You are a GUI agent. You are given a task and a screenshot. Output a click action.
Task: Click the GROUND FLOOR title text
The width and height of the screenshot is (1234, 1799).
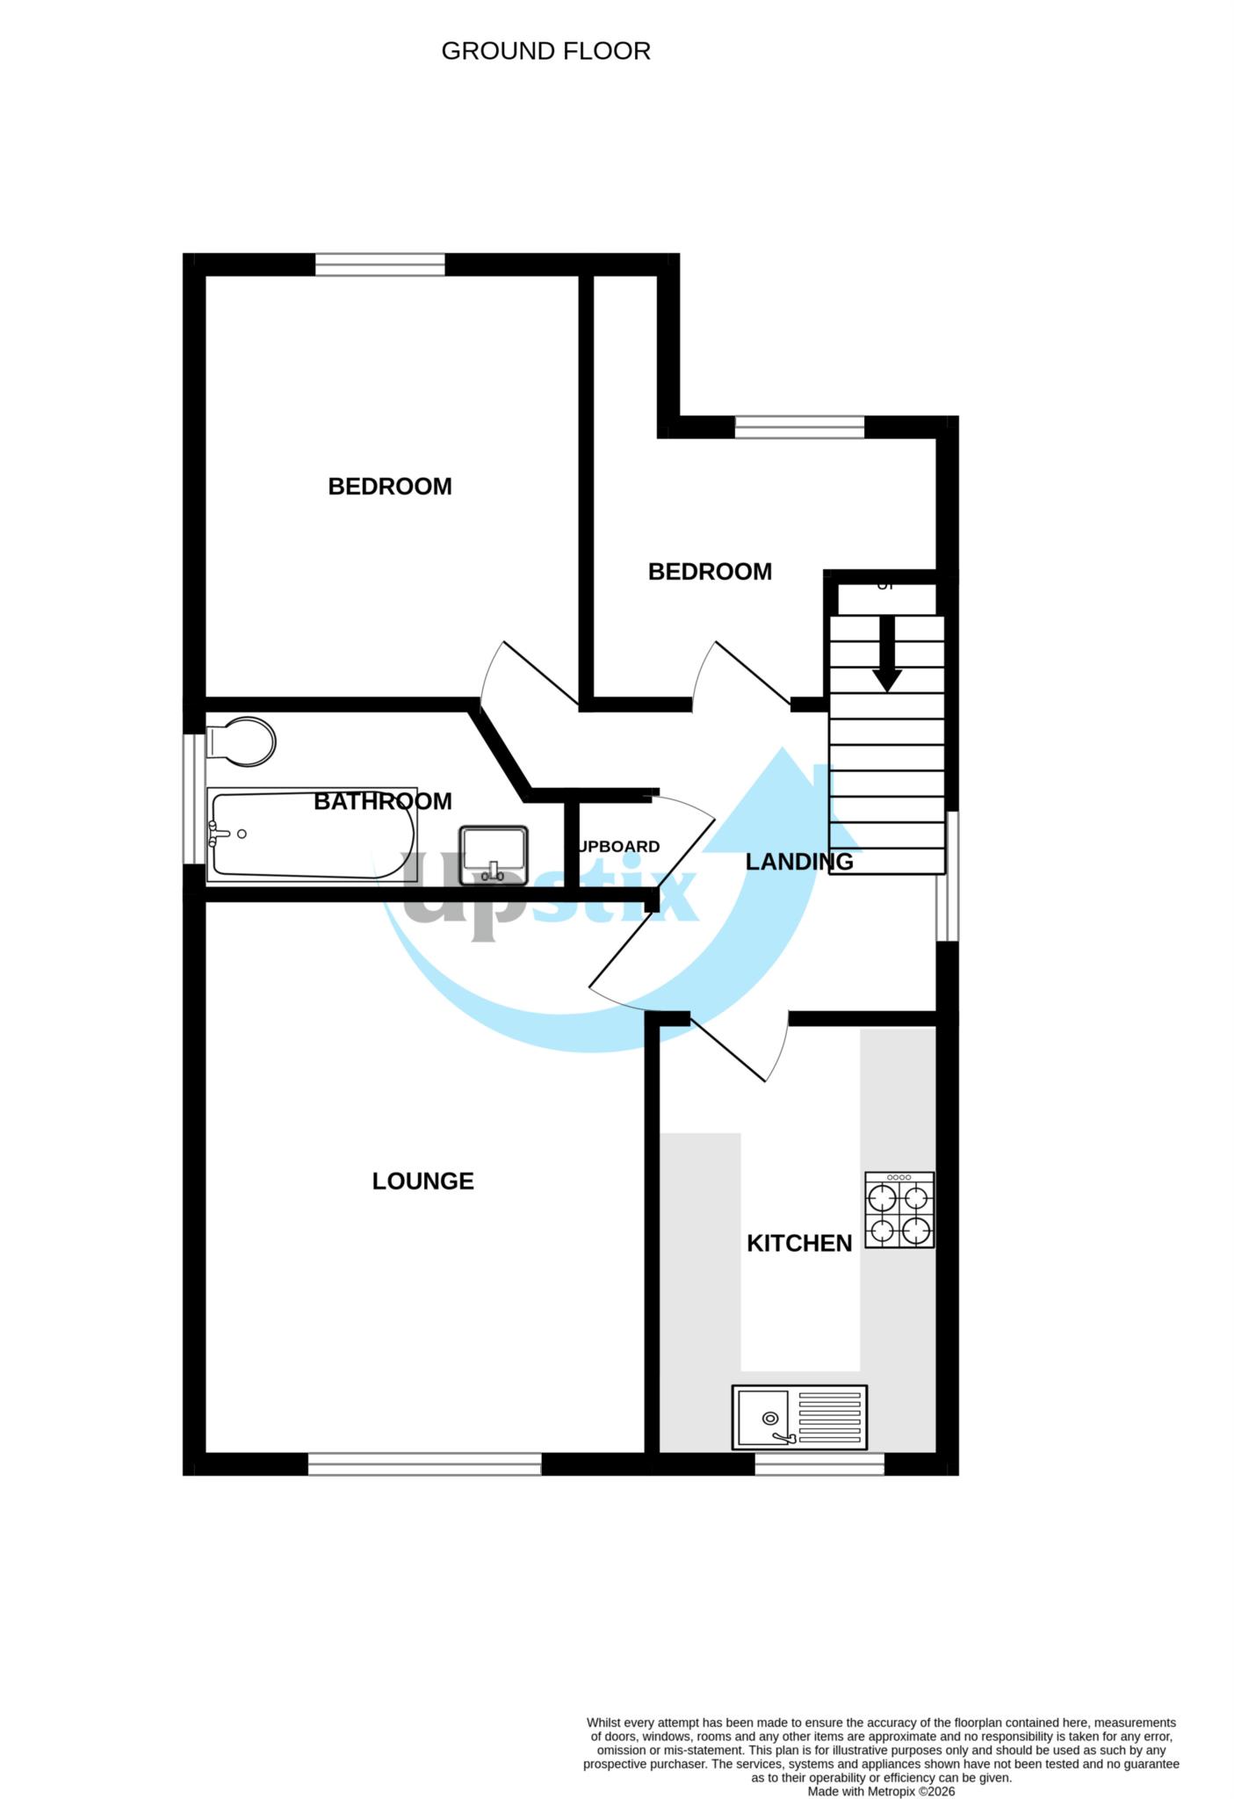point(545,52)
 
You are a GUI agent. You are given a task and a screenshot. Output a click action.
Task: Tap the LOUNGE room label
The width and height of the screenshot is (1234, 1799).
point(422,1181)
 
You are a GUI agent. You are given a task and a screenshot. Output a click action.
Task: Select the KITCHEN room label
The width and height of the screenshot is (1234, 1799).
point(799,1243)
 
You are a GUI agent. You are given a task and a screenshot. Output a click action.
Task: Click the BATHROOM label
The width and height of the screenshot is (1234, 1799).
point(383,801)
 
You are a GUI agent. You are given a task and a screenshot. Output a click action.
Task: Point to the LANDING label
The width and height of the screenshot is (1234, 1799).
point(799,862)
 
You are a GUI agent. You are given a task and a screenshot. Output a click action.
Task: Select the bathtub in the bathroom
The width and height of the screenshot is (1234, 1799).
point(312,834)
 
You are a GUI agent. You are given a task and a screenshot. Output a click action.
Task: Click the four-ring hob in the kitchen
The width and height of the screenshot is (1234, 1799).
point(899,1210)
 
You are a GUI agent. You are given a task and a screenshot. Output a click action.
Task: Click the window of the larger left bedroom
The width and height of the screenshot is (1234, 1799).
point(380,264)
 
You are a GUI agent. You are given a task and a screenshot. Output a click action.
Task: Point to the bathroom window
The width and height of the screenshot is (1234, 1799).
point(194,798)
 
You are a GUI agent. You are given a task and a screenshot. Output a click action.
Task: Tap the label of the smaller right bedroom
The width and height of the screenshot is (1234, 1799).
point(710,572)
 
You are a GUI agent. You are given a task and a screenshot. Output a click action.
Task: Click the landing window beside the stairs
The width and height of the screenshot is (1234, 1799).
point(947,876)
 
